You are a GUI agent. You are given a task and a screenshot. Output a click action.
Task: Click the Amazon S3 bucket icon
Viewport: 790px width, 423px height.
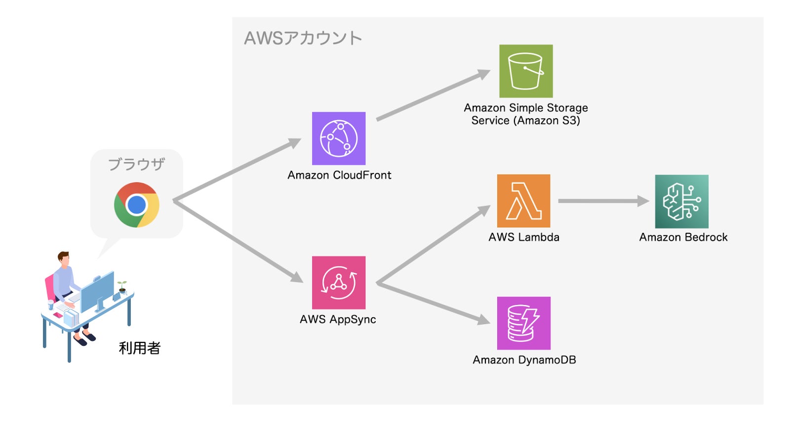(526, 71)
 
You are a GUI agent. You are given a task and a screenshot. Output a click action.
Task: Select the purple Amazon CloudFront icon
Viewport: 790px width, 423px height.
(339, 138)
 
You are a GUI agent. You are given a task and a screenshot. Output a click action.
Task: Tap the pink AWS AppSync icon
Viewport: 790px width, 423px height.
(339, 283)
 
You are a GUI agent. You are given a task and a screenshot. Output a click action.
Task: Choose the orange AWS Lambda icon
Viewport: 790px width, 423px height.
(523, 201)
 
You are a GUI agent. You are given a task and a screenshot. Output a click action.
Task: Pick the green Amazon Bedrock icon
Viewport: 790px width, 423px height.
(681, 201)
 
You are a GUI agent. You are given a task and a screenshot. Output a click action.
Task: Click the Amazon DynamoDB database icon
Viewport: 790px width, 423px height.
(523, 323)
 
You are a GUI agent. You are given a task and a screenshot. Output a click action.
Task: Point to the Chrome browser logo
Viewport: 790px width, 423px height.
(136, 205)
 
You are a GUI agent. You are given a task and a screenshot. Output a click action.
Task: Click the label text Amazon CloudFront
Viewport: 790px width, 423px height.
(339, 175)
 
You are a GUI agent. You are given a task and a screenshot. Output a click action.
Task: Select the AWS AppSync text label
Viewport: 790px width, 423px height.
(338, 319)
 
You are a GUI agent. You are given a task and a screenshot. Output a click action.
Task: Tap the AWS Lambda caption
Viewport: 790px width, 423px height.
(524, 237)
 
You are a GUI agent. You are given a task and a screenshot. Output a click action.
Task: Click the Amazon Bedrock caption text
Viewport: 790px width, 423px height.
(683, 237)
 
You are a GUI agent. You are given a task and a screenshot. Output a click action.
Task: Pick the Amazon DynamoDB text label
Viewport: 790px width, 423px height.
(524, 360)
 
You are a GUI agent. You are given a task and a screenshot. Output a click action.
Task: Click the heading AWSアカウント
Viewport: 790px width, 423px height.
(303, 38)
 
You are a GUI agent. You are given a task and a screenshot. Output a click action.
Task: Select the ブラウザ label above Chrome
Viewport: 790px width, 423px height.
(136, 164)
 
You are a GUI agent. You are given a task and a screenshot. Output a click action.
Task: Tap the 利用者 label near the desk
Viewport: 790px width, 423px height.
(140, 348)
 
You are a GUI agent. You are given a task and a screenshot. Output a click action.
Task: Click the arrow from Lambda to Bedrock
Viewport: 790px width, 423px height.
(602, 201)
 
